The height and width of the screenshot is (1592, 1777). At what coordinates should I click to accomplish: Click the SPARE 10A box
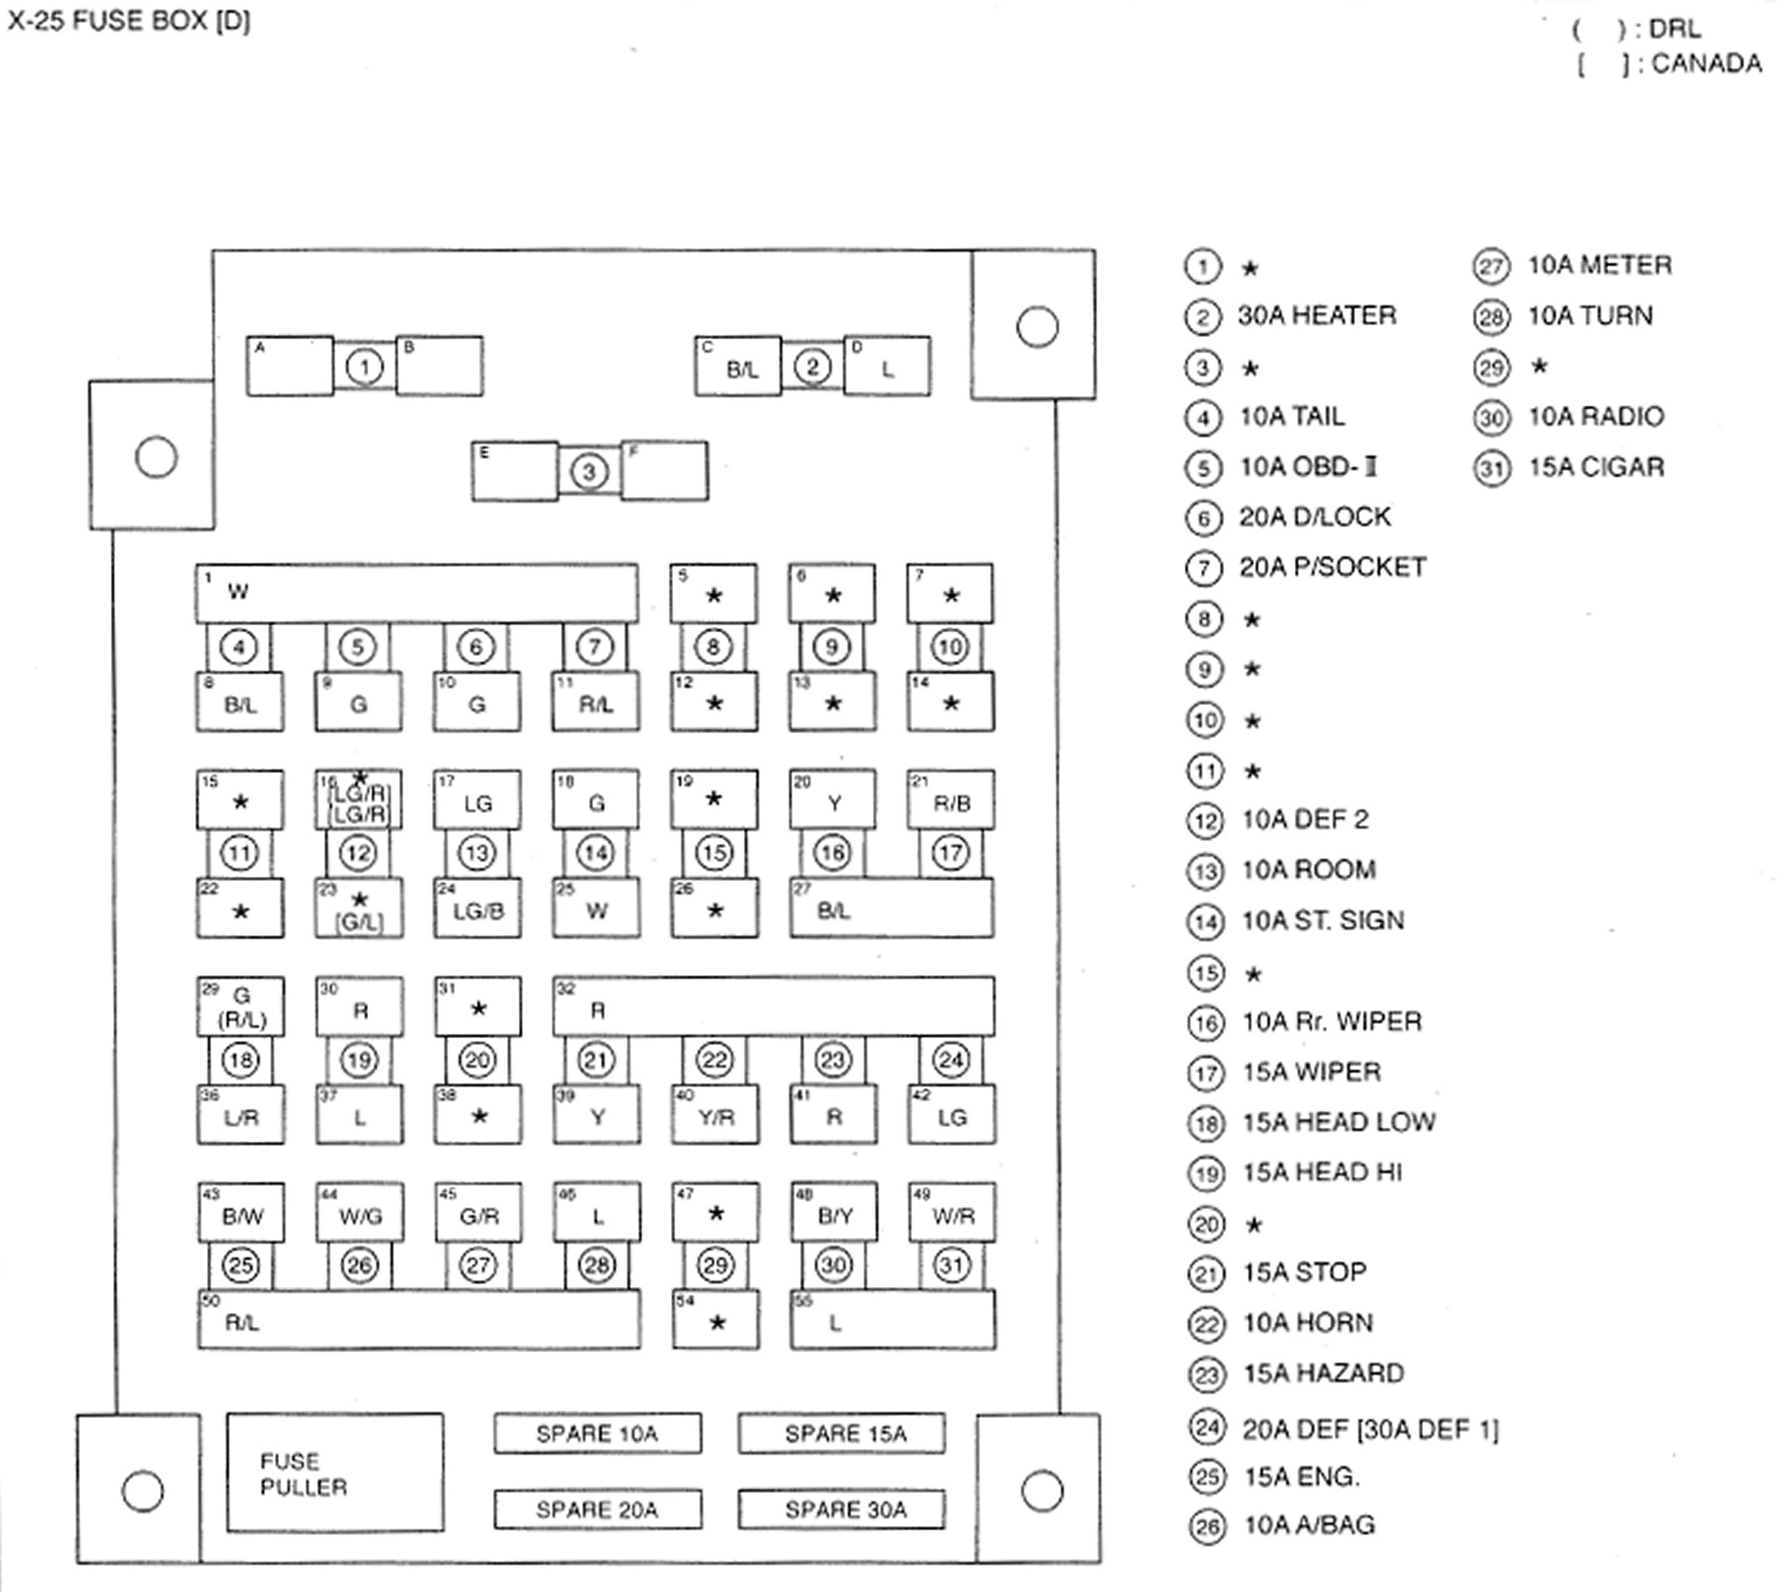[598, 1434]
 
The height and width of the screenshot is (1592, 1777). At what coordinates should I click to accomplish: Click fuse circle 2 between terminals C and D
[812, 367]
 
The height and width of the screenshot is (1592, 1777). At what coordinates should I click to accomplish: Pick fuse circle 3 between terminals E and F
[589, 472]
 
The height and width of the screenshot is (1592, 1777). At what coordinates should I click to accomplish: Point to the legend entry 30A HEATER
[1316, 315]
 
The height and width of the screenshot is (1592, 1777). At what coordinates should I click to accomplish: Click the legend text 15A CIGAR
[1595, 467]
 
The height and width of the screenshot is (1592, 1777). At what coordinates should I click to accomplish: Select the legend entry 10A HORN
[1308, 1322]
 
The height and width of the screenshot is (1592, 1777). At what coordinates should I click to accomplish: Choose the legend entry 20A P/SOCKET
[1332, 568]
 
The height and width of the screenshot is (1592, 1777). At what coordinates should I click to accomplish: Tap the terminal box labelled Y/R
[715, 1115]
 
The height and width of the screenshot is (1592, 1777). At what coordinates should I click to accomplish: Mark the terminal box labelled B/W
[241, 1212]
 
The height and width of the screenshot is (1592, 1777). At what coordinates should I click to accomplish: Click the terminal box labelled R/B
[951, 800]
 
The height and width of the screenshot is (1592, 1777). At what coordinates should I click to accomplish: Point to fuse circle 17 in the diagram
[951, 853]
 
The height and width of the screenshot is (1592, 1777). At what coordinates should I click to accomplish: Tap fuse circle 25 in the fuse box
[241, 1265]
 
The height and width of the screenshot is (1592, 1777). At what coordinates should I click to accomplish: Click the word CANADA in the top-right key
[1706, 64]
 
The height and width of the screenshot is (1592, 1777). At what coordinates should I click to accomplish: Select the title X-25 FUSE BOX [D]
[130, 21]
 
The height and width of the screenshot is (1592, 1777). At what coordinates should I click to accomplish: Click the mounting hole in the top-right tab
[1037, 327]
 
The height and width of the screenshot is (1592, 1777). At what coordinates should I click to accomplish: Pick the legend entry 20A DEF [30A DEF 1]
[1370, 1429]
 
